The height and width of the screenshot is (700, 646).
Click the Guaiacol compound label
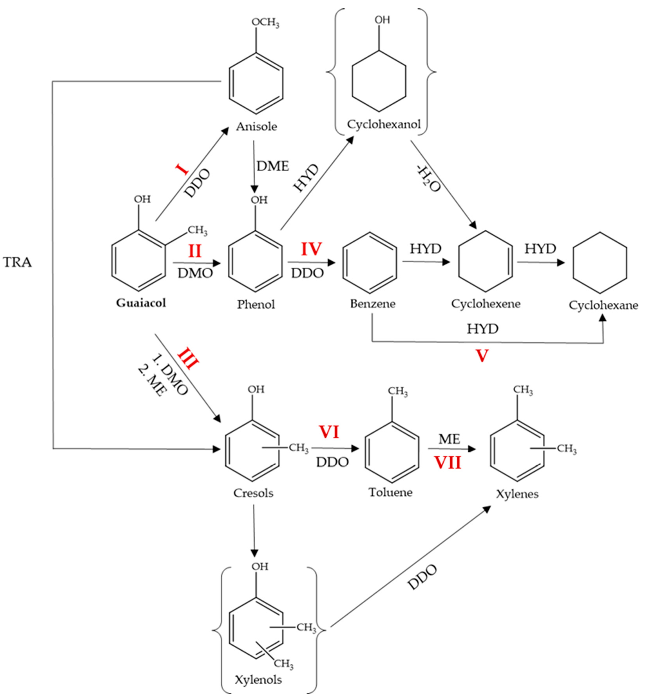pos(141,303)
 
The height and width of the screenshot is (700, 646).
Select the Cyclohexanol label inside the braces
pos(383,124)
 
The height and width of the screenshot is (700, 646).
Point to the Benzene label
pos(373,304)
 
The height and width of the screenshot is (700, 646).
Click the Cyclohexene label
pos(486,304)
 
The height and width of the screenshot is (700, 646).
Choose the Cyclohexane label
pos(603,305)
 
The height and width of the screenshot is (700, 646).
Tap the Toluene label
pos(390,493)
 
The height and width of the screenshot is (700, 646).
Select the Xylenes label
pos(517,494)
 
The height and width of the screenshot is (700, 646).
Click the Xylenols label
pos(258,679)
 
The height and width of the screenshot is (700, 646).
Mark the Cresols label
pos(253,493)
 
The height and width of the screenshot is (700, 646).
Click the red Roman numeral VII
pos(448,463)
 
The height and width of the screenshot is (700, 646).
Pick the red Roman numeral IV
pos(311,249)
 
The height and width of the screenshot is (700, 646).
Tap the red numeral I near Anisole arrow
pos(182,170)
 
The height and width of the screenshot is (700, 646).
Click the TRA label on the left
pos(17,262)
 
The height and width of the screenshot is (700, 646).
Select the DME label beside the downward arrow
pos(273,166)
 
